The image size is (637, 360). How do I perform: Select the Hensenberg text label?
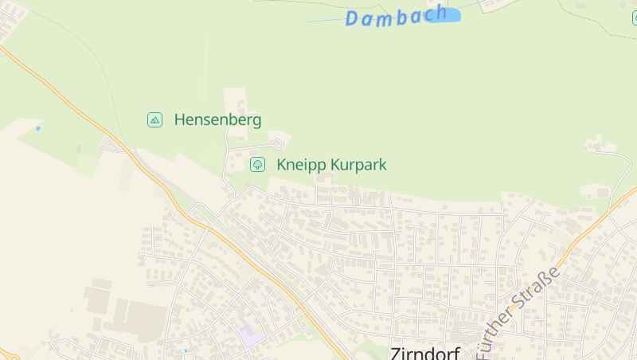pyautogui.click(x=217, y=120)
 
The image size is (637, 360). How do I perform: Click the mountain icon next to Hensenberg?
pyautogui.click(x=155, y=120)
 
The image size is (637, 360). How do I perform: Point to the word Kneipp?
pyautogui.click(x=301, y=165)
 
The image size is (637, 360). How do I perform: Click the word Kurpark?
pyautogui.click(x=358, y=165)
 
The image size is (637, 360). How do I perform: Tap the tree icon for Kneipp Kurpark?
pyautogui.click(x=257, y=165)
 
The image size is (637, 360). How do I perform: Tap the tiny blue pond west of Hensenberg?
pyautogui.click(x=37, y=128)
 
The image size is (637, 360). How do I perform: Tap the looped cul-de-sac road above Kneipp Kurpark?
pyautogui.click(x=277, y=144)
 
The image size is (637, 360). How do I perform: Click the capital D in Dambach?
pyautogui.click(x=354, y=19)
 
